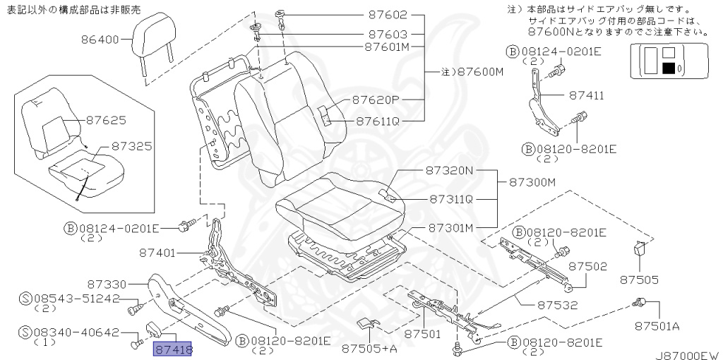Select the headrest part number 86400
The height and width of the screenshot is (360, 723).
(100, 40)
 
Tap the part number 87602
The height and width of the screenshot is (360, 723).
(388, 15)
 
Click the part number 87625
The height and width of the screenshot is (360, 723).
(106, 120)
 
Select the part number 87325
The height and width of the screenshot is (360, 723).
(131, 147)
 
